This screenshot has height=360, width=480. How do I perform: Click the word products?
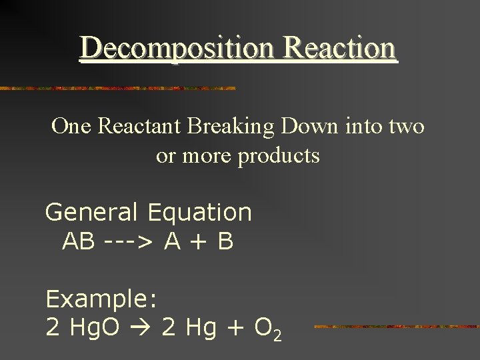point(280,157)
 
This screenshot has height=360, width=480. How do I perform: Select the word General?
point(91,213)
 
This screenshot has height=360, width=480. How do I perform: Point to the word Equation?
point(200,213)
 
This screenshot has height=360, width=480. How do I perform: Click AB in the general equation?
point(78,241)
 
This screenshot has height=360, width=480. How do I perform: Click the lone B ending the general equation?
point(225,241)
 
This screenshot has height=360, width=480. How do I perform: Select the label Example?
point(101,300)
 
